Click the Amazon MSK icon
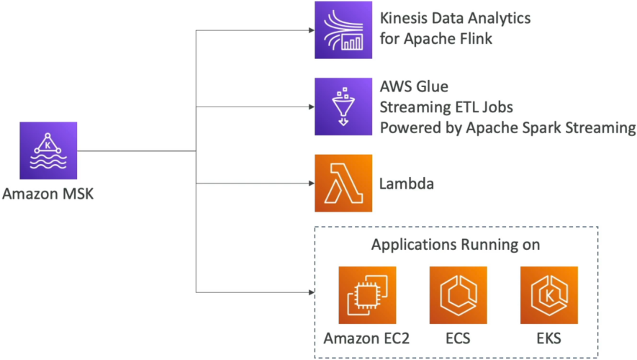48,150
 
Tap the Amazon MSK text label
48,194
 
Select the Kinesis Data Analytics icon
343,30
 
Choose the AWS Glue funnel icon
343,107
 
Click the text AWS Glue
414,86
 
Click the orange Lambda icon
343,183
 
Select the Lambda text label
407,184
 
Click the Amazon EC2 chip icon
367,295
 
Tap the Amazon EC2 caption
366,338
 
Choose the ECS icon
458,295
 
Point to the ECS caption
458,338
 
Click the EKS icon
549,295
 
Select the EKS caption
549,338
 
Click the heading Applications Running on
456,245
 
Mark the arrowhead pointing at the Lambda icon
312,184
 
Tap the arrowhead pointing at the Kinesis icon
312,30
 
